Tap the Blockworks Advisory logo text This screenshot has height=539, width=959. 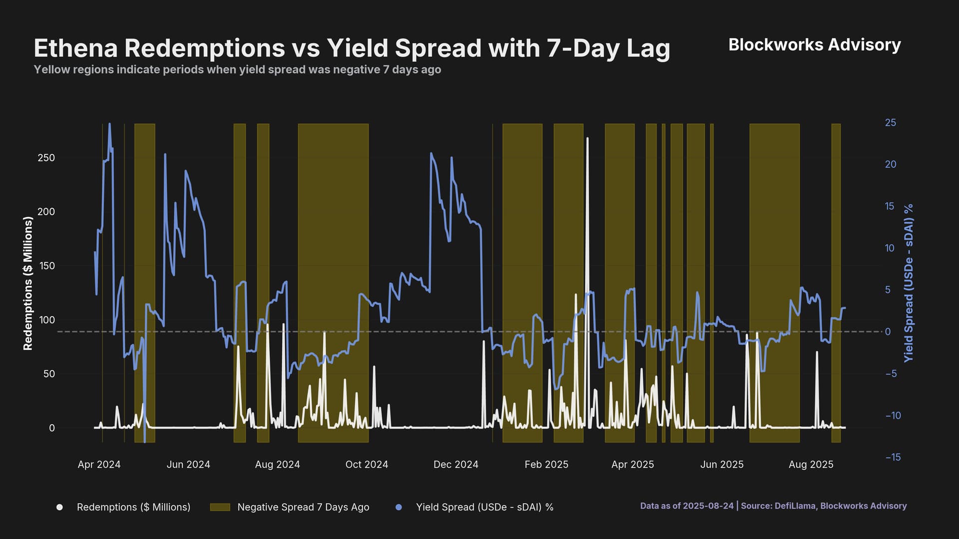(x=814, y=45)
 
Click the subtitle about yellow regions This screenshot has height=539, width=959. (x=237, y=69)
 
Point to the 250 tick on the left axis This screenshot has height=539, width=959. (x=46, y=158)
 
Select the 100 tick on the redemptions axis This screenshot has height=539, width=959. (x=46, y=320)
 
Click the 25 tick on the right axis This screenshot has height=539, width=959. (x=890, y=123)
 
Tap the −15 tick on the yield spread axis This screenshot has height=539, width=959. (x=893, y=457)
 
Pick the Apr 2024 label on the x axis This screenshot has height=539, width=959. (x=99, y=465)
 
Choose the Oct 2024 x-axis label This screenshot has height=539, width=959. (x=367, y=465)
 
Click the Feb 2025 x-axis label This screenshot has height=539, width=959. (x=546, y=465)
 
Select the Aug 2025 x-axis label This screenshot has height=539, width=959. (x=811, y=465)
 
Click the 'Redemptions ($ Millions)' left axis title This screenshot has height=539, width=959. (x=28, y=283)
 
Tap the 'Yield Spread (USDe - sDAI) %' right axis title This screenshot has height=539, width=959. (x=909, y=283)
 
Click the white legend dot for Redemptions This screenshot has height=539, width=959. (x=59, y=507)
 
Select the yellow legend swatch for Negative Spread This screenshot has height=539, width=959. (x=220, y=507)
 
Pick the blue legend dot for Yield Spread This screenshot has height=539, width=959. (x=399, y=507)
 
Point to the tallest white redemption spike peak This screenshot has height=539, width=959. (x=587, y=138)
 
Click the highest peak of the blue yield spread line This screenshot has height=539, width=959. (x=110, y=124)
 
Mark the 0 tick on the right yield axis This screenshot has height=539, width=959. (x=888, y=332)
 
